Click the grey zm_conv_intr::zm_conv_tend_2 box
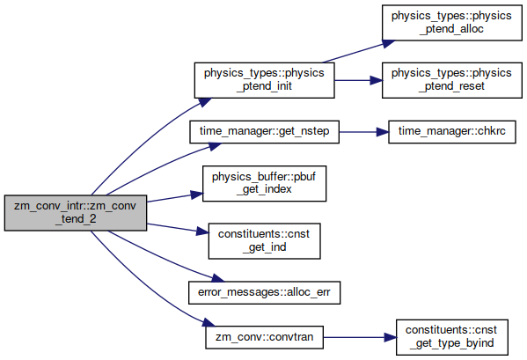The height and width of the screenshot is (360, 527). click(x=76, y=213)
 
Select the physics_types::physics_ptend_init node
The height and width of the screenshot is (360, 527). click(x=264, y=80)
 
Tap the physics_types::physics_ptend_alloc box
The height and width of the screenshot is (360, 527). click(x=451, y=23)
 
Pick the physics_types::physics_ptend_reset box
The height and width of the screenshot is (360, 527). click(x=451, y=80)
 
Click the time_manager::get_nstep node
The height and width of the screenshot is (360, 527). click(x=264, y=132)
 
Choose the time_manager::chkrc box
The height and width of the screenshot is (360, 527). click(x=451, y=132)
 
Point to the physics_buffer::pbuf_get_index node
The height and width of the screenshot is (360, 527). click(x=264, y=184)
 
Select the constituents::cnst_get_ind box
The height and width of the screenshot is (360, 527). click(x=264, y=241)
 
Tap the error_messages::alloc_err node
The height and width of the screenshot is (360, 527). click(x=264, y=292)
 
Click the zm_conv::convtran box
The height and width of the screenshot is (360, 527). click(x=264, y=337)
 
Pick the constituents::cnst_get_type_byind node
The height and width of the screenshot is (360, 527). click(x=451, y=337)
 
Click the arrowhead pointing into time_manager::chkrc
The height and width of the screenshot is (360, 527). click(x=383, y=132)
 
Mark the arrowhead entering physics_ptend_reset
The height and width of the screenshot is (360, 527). click(x=376, y=80)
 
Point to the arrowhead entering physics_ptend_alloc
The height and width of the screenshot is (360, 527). click(x=389, y=43)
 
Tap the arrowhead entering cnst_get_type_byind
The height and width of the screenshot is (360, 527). click(x=391, y=337)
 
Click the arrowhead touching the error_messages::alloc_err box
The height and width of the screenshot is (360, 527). click(x=218, y=278)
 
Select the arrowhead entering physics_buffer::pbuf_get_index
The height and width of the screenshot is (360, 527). click(x=197, y=195)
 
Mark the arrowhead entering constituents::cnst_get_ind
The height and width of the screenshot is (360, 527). click(x=202, y=231)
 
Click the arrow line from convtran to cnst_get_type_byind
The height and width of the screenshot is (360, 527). click(x=354, y=337)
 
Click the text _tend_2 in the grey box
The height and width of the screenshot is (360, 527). click(x=76, y=219)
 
